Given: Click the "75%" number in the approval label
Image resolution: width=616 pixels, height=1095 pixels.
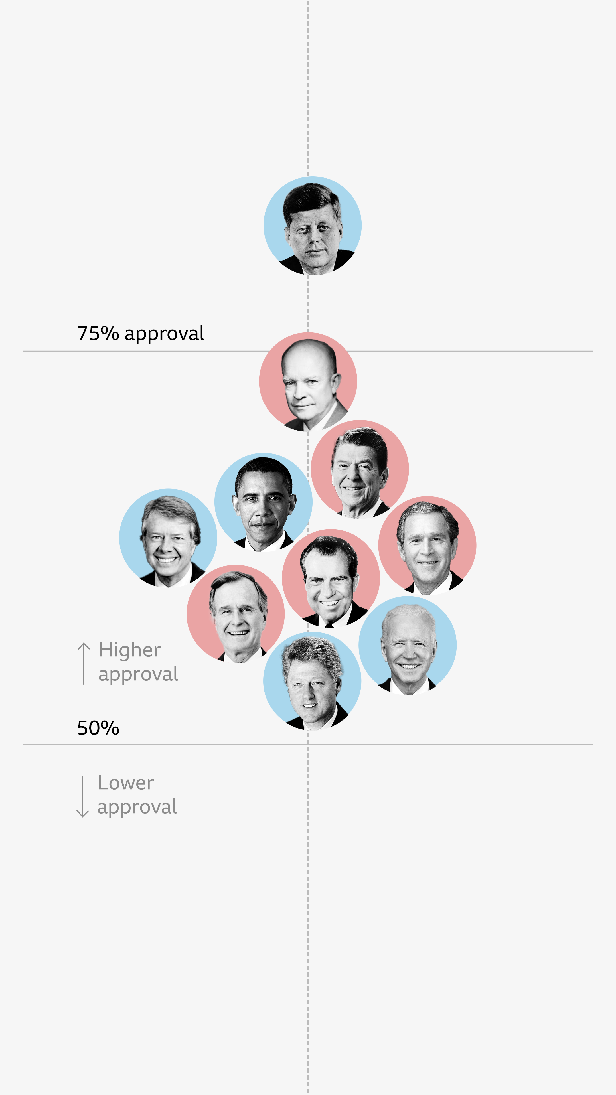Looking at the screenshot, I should (98, 333).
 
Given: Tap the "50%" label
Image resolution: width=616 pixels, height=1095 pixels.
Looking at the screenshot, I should (98, 728).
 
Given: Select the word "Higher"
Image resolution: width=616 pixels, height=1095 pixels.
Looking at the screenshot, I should (130, 650).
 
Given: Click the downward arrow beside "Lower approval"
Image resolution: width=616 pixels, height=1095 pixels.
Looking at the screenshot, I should (82, 796).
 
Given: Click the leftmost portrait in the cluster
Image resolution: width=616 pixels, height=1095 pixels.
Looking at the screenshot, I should (168, 538).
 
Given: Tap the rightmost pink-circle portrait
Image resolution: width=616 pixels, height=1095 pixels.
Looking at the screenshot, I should (427, 546).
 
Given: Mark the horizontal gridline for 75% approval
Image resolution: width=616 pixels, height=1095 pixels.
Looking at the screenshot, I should (468, 351).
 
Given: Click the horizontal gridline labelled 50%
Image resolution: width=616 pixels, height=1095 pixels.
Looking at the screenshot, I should (468, 744).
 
